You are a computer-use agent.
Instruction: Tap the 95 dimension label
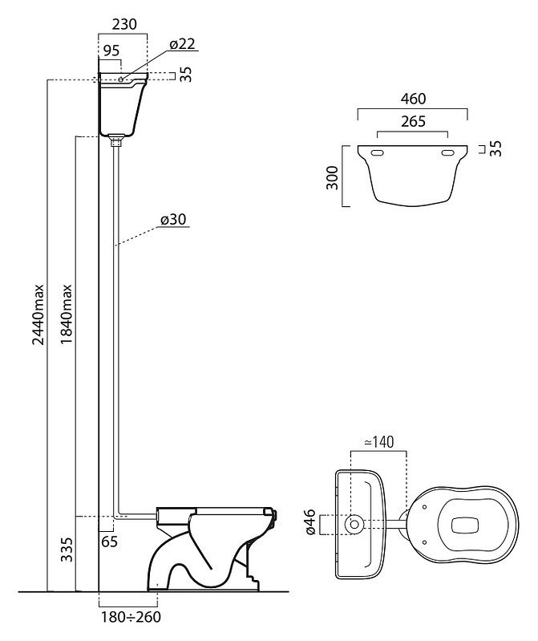click(110, 51)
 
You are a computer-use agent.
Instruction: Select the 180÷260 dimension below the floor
click(129, 619)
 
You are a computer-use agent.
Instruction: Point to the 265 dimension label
click(412, 122)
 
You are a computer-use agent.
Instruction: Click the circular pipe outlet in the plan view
click(352, 524)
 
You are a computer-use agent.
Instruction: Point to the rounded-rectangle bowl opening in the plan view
click(469, 524)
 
